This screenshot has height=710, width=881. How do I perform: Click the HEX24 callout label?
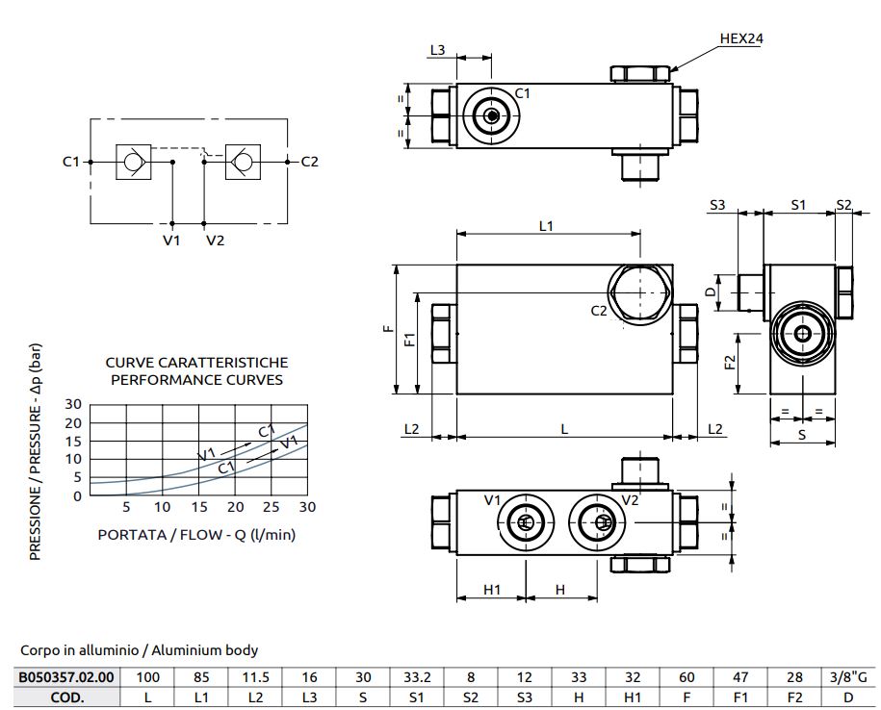(742, 38)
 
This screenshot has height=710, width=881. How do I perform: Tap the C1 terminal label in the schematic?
(70, 162)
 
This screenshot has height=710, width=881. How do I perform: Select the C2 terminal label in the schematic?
(310, 162)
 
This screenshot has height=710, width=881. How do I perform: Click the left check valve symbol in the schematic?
(132, 162)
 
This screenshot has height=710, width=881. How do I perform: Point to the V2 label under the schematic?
(215, 241)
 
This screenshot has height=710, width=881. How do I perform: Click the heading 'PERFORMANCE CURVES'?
(195, 379)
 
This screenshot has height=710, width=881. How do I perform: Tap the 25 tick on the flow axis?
(271, 508)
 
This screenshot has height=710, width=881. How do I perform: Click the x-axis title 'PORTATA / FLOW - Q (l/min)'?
(195, 535)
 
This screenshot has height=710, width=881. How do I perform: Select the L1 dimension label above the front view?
(547, 226)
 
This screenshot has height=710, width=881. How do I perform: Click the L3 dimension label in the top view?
(438, 49)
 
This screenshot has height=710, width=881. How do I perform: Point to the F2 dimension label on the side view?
(729, 363)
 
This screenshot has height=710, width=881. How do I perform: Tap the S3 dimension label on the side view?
(717, 204)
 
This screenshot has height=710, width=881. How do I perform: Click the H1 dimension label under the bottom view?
(491, 590)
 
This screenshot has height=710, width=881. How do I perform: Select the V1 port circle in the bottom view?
(524, 521)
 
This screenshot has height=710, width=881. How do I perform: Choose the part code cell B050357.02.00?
(66, 677)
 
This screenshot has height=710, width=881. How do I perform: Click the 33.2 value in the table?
(415, 677)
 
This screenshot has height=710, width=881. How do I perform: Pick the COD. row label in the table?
(66, 697)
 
